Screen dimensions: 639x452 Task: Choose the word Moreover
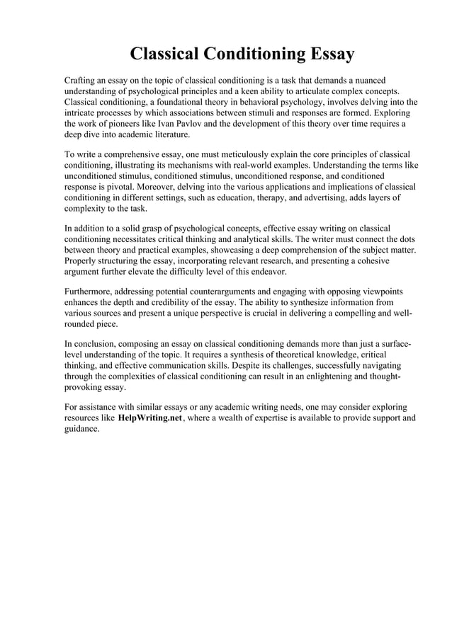[x=165, y=188]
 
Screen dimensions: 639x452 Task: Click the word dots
[x=405, y=239]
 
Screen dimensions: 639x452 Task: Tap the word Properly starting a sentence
[x=82, y=262]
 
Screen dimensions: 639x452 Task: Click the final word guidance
[x=81, y=429]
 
